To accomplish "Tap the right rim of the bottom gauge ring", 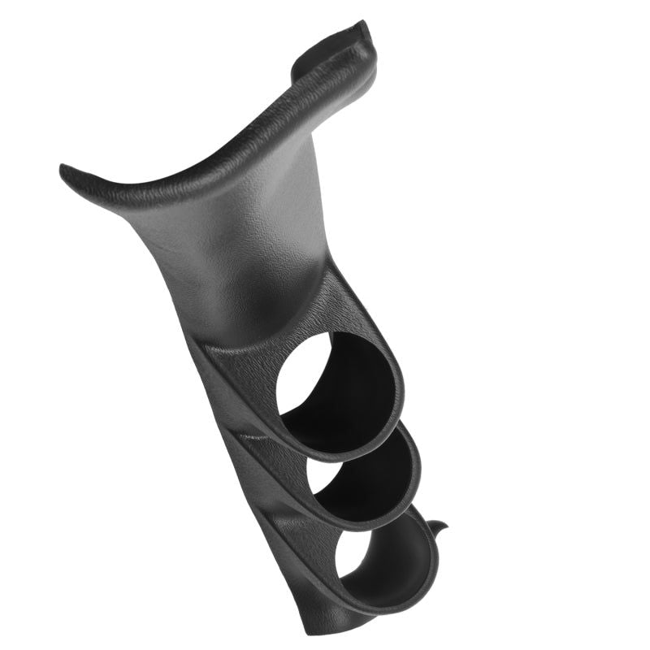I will click(x=435, y=561).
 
